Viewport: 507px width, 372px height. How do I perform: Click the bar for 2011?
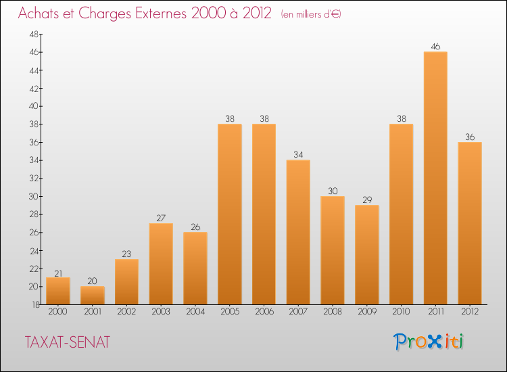click(435, 178)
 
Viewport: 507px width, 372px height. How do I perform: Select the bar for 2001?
click(92, 295)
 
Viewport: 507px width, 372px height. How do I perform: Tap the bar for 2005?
click(230, 214)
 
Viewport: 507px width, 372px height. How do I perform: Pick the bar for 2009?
click(367, 254)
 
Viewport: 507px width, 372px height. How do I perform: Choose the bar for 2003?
click(161, 264)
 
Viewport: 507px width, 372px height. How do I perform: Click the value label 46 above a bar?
click(435, 47)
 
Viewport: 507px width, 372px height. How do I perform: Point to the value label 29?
click(367, 200)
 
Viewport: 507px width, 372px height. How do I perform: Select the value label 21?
click(58, 273)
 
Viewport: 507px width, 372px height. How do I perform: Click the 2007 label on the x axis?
click(298, 312)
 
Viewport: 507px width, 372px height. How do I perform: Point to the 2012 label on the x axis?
click(470, 312)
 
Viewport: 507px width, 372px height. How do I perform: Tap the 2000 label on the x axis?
click(58, 312)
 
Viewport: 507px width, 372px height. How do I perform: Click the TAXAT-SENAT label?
click(67, 342)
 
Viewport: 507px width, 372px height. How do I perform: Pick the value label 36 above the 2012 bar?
click(470, 137)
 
